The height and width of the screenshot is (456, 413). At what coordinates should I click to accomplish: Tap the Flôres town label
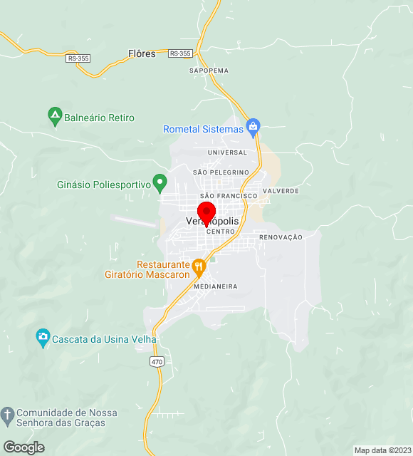pos(142,53)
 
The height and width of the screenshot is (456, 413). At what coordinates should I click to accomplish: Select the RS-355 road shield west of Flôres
pos(78,58)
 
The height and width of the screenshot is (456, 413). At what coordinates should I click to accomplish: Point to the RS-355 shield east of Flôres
pos(181,53)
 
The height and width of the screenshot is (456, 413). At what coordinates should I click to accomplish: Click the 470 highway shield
pos(157,362)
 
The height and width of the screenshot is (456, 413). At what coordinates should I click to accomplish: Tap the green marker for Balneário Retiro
pos(55,115)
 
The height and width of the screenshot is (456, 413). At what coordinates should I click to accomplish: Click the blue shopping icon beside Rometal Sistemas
pos(253,128)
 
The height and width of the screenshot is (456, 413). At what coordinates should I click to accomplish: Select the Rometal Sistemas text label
pos(203,130)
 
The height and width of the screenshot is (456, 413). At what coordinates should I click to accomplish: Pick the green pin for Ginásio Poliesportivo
pos(160,183)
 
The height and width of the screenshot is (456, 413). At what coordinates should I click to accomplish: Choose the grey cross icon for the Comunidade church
pos(7,415)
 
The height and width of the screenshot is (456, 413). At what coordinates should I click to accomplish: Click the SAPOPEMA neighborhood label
pos(209,71)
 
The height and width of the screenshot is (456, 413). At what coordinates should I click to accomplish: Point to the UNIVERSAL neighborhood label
pos(227,152)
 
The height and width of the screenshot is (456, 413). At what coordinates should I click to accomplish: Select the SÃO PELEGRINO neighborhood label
pos(221,172)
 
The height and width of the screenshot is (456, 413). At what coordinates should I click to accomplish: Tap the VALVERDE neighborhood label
pos(281,191)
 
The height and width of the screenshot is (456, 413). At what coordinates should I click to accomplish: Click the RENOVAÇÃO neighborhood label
pos(281,237)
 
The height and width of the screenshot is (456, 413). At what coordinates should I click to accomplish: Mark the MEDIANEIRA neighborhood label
pos(215,286)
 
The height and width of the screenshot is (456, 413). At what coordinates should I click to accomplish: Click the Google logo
pos(23,447)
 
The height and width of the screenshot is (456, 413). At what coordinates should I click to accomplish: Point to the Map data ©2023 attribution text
pos(383,450)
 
